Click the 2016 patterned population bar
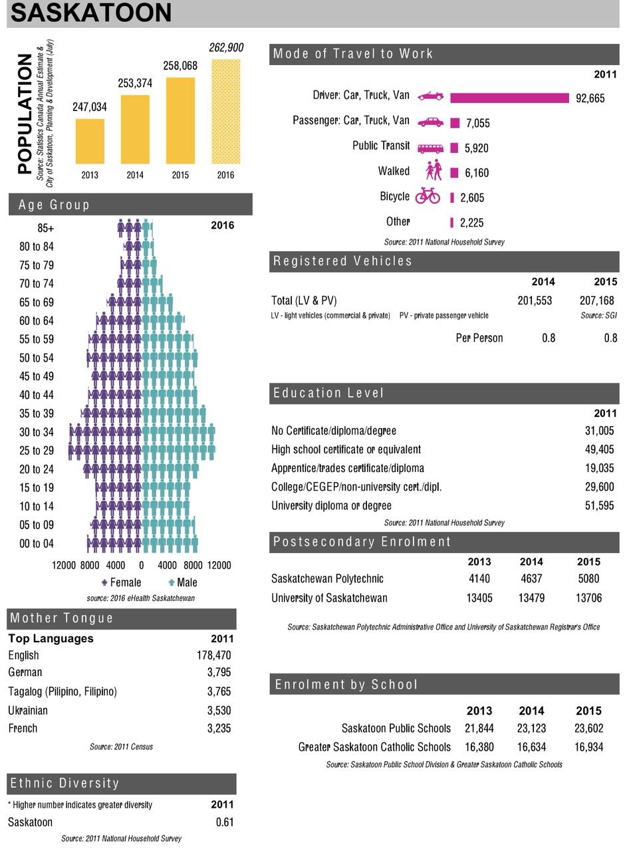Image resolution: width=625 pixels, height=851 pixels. click(x=225, y=111)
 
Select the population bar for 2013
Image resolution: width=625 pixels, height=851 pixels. click(x=90, y=142)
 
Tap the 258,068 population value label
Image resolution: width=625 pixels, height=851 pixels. click(x=180, y=66)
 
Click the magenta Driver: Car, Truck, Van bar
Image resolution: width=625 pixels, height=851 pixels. click(x=509, y=98)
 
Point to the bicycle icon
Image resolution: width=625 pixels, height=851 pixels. click(x=428, y=196)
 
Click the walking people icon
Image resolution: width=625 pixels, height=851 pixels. click(x=434, y=170)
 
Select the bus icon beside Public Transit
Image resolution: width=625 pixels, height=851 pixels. click(x=430, y=148)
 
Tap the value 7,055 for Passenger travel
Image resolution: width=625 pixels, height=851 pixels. click(x=477, y=123)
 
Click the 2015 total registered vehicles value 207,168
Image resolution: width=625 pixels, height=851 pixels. click(x=596, y=301)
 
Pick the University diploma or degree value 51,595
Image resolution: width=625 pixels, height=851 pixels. click(x=599, y=505)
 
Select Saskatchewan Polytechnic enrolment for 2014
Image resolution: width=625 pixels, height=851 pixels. click(x=531, y=578)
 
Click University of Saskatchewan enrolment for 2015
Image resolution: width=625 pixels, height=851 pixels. click(x=588, y=598)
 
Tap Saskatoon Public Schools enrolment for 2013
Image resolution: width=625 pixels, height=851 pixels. click(x=479, y=728)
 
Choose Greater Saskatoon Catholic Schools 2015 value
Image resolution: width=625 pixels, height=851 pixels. click(x=588, y=747)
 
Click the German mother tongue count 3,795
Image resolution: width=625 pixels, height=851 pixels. click(x=219, y=672)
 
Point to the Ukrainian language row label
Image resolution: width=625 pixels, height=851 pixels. click(x=28, y=710)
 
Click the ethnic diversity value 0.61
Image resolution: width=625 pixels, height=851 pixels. click(x=225, y=822)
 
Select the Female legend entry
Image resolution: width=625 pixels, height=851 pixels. click(x=122, y=582)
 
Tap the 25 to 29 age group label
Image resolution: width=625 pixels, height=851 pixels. click(x=37, y=450)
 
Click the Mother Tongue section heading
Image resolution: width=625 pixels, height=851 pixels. click(x=62, y=618)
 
